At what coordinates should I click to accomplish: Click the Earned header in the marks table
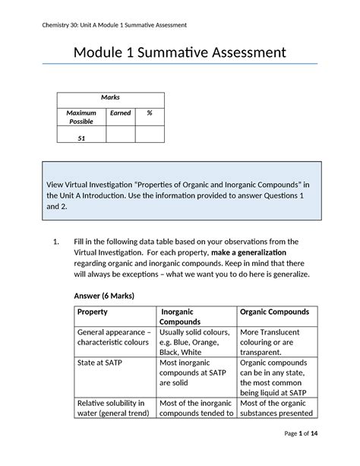[121, 113]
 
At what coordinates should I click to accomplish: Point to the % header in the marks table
[150, 113]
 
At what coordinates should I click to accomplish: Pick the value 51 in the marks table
[81, 138]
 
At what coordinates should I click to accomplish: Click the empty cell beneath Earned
[121, 135]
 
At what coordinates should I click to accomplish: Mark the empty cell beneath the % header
[150, 135]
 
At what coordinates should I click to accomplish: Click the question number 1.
[55, 242]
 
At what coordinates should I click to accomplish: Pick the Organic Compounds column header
[274, 312]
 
